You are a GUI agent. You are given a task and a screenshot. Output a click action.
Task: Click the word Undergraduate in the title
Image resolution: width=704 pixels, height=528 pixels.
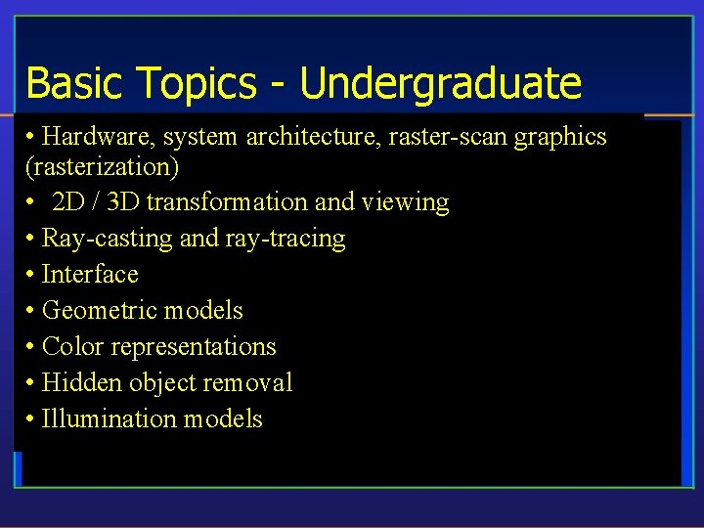pyautogui.click(x=440, y=85)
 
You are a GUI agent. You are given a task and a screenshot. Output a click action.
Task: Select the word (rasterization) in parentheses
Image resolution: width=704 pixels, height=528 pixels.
pyautogui.click(x=102, y=167)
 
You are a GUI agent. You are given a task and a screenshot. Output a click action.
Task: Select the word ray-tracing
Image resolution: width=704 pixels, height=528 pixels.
pyautogui.click(x=289, y=240)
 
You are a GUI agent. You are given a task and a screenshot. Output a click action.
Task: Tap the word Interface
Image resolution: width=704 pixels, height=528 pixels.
pyautogui.click(x=90, y=275)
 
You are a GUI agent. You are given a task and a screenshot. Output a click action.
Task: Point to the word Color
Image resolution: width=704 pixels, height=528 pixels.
pyautogui.click(x=73, y=347)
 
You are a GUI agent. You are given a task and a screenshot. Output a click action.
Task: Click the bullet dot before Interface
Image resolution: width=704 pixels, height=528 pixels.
pyautogui.click(x=31, y=276)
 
